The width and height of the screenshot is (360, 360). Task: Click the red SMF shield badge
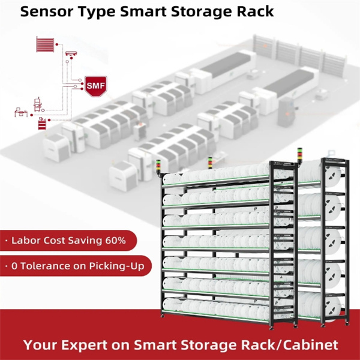pyautogui.click(x=96, y=86)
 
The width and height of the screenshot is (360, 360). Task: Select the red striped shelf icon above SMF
pyautogui.click(x=45, y=44)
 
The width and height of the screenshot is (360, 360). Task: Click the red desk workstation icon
pyautogui.click(x=21, y=112)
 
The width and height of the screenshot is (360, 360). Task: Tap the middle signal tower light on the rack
pyautogui.click(x=210, y=163)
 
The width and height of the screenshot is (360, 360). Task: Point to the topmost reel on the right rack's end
pyautogui.click(x=332, y=174)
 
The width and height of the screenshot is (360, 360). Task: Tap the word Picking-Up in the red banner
pyautogui.click(x=116, y=266)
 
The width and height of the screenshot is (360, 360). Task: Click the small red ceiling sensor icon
pyautogui.click(x=71, y=54)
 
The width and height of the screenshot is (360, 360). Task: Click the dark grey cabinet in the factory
pyautogui.click(x=286, y=112)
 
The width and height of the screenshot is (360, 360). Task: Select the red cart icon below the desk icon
pyautogui.click(x=42, y=123)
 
